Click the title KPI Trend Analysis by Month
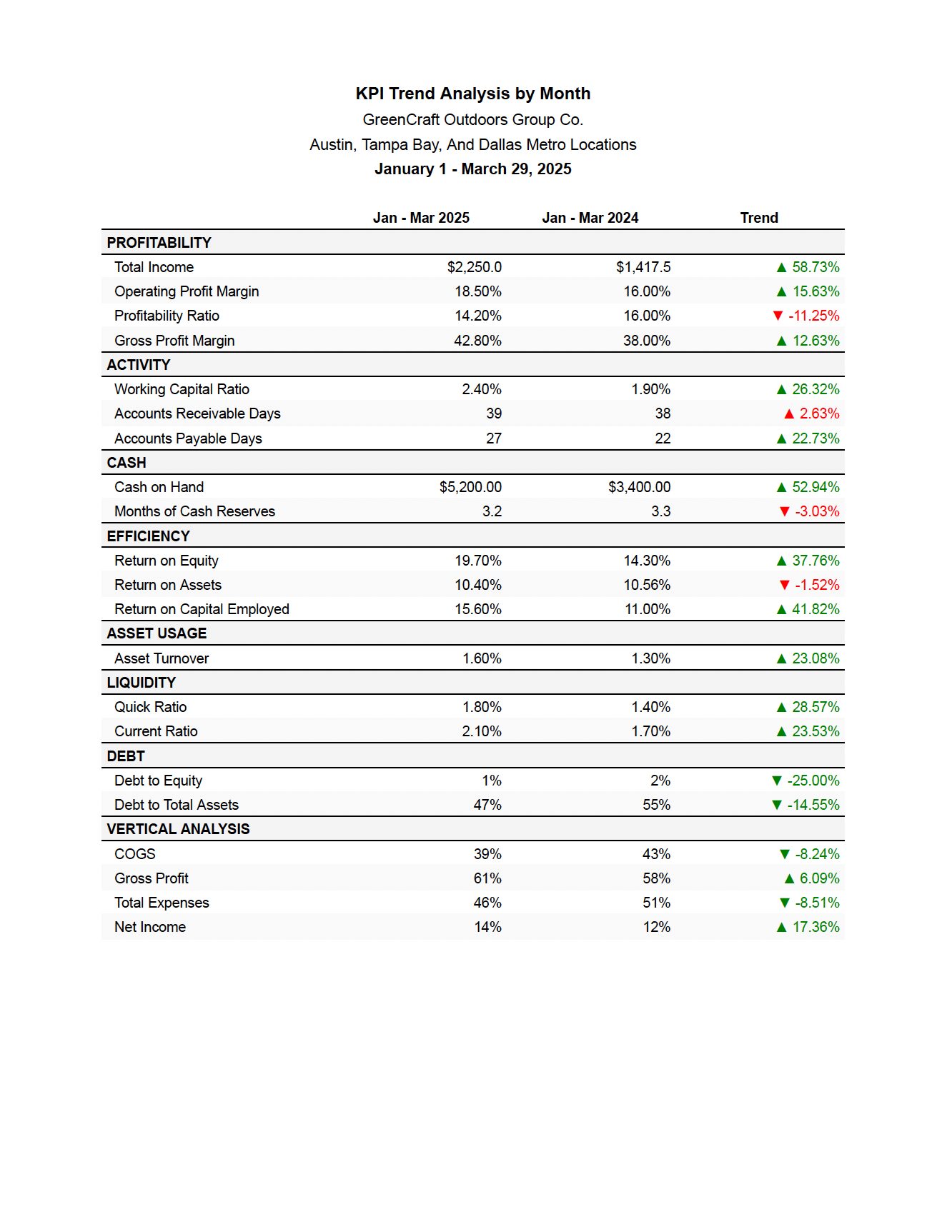[473, 94]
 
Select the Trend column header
[759, 218]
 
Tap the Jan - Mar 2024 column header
[590, 218]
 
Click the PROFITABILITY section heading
[159, 243]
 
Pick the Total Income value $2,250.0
[475, 267]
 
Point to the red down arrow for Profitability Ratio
[778, 316]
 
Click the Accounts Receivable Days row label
[197, 413]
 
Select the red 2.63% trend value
[819, 413]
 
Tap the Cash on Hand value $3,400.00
[640, 487]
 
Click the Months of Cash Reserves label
[194, 511]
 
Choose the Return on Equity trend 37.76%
[815, 561]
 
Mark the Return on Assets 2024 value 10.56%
[647, 585]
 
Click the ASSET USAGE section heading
[157, 633]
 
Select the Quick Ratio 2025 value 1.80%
[482, 707]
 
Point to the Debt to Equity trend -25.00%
[813, 781]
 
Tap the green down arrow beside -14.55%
[777, 805]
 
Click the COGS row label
[134, 854]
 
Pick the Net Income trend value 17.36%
[815, 927]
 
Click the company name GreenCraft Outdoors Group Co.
[473, 119]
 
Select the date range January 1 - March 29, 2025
[473, 169]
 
